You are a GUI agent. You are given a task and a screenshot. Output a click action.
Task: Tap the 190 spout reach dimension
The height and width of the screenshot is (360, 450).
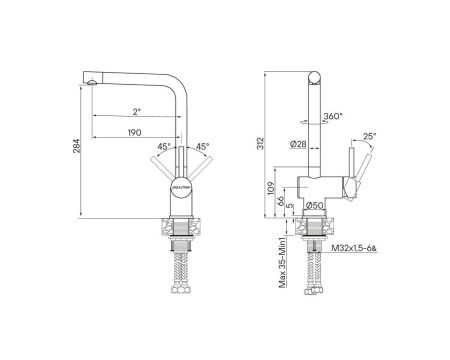[x=134, y=132]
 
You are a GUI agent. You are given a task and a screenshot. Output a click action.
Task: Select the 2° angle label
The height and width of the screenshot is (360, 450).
[x=136, y=112]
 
